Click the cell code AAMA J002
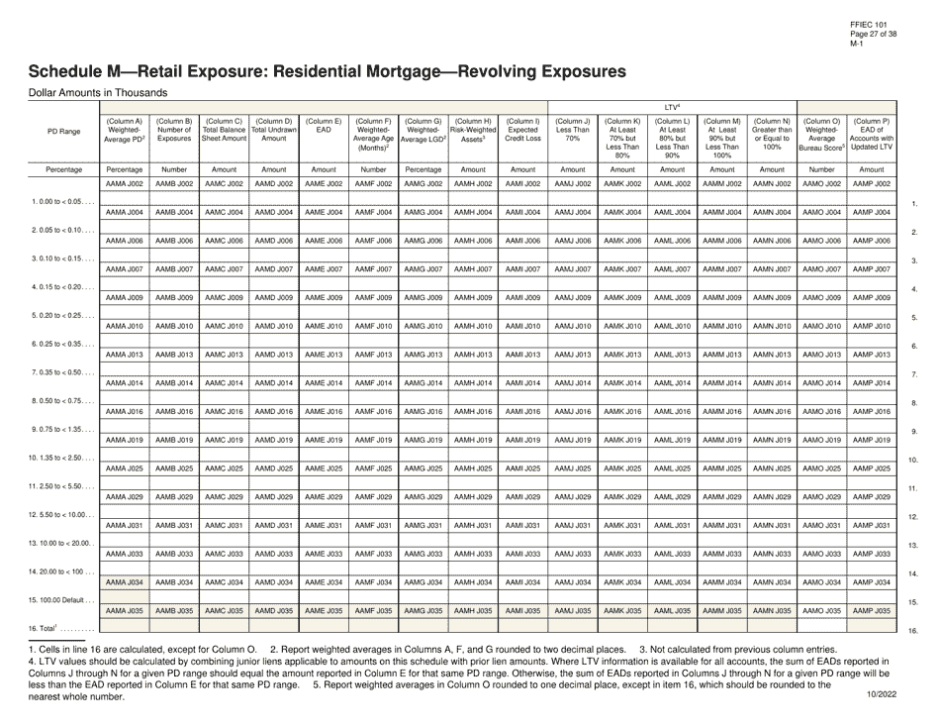coord(125,184)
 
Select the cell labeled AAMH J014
coord(472,382)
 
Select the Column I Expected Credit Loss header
coord(522,132)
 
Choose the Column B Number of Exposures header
coord(174,132)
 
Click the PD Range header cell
coord(63,131)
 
